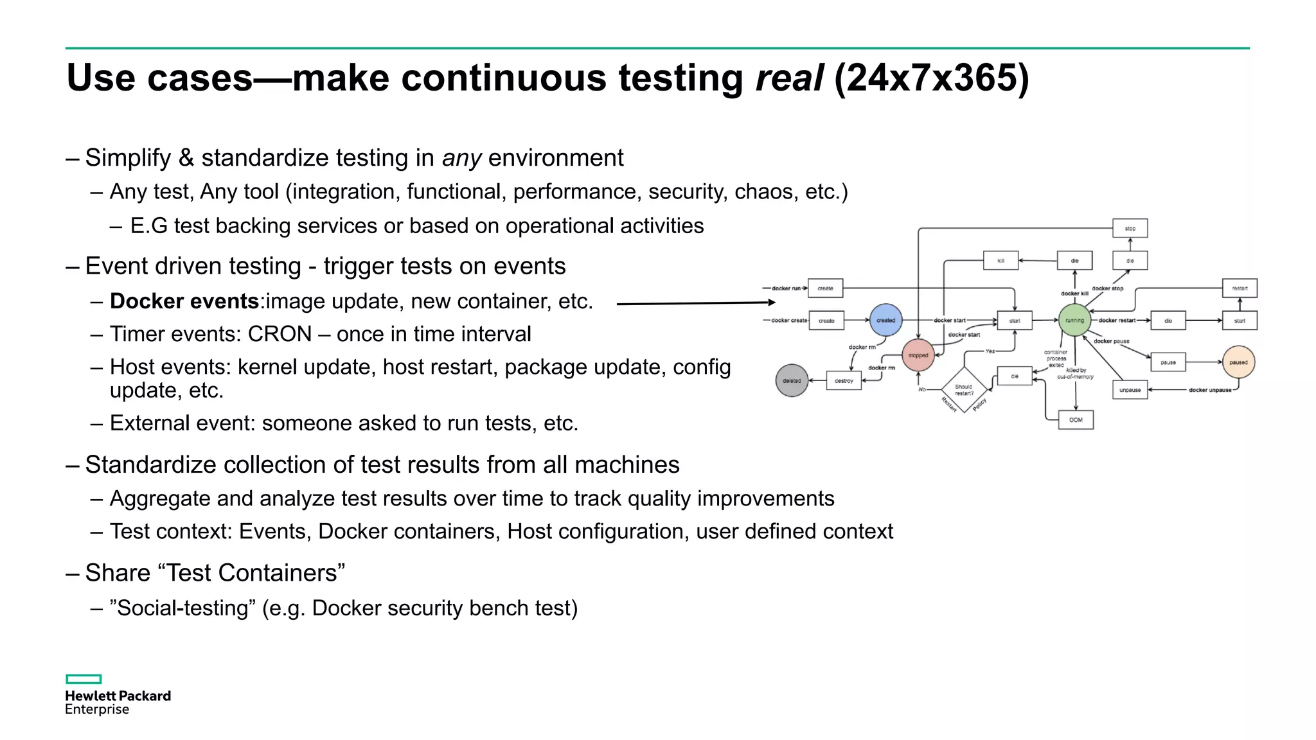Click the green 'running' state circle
1074,320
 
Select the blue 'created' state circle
885,320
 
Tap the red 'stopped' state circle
918,355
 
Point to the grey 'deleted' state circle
792,380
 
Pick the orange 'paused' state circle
1238,362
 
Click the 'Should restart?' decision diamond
964,389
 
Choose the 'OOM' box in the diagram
1076,420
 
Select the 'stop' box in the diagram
1130,228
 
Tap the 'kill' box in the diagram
1000,260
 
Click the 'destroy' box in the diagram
844,380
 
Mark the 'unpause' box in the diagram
1130,390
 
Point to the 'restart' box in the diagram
1240,288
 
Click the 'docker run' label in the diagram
787,288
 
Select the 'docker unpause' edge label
1210,390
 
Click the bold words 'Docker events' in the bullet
184,301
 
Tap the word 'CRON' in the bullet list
280,334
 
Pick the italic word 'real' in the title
789,78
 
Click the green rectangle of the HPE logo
84,679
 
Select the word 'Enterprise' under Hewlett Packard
97,709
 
